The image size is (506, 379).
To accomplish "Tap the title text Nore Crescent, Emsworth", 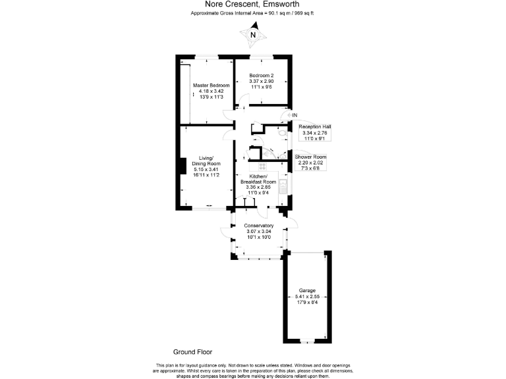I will tap(253, 4).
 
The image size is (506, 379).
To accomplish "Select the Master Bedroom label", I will tap(211, 86).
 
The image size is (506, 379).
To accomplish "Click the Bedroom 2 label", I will tap(262, 76).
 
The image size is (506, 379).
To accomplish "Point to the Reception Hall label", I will tap(314, 126).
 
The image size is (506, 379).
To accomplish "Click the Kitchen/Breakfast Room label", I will tap(258, 181).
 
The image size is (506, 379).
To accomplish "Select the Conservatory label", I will tap(258, 226).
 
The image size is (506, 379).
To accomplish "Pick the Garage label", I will tap(307, 291).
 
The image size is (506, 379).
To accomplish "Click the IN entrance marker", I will tap(295, 116).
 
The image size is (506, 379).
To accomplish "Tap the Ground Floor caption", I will tap(192, 353).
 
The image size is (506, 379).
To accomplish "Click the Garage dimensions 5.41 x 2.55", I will tap(307, 297).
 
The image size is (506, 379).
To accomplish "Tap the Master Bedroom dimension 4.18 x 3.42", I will tap(211, 92).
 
